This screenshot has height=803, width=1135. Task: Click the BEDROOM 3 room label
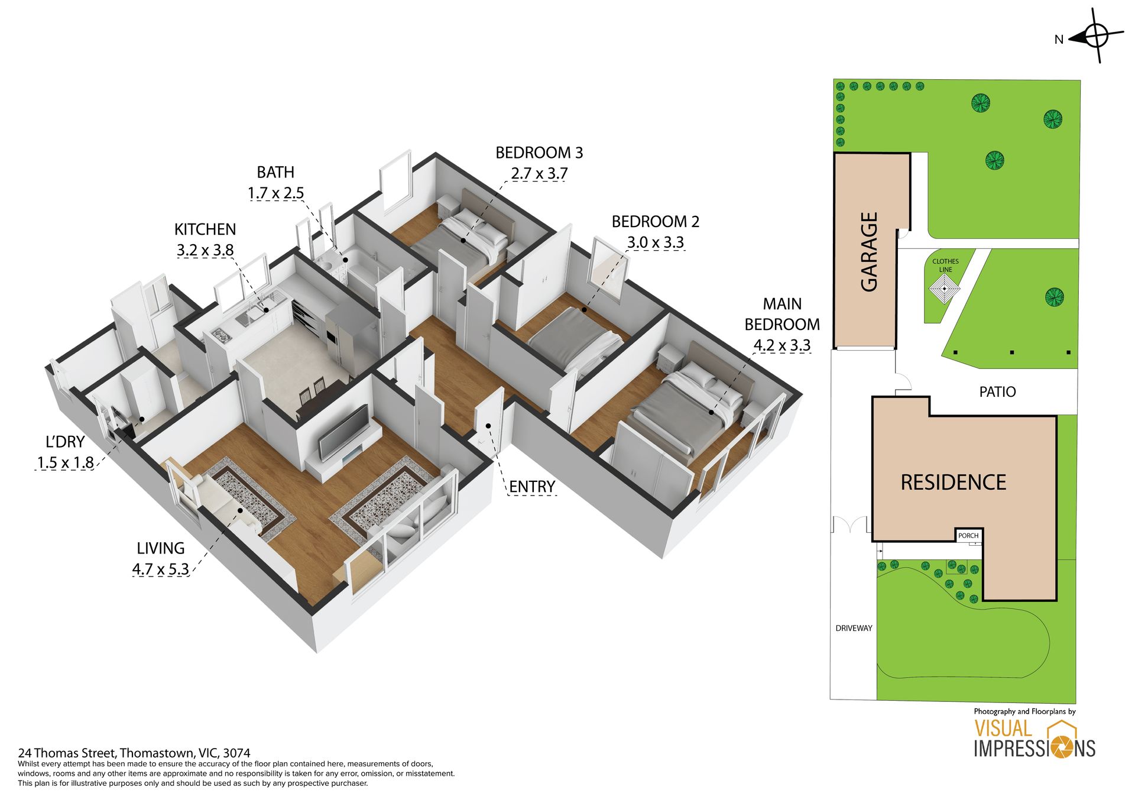539,153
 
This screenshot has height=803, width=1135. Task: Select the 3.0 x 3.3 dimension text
655,242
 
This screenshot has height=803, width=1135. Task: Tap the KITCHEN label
205,229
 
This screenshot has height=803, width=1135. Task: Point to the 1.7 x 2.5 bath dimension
275,193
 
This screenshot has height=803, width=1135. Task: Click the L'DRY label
65,442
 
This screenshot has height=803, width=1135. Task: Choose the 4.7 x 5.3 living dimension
161,569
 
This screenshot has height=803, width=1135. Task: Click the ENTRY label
532,487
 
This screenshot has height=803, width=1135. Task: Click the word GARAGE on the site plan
869,252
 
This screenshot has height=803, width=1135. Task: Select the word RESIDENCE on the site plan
953,483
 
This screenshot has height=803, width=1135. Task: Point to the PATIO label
997,391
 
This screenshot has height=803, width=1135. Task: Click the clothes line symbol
945,290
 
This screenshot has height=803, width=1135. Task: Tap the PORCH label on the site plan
968,536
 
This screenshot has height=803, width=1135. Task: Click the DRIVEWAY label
854,628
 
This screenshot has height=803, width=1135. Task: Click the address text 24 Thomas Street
66,753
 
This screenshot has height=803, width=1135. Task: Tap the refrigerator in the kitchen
340,337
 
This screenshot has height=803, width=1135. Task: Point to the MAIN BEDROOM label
782,314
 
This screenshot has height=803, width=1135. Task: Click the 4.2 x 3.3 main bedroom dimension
782,345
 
